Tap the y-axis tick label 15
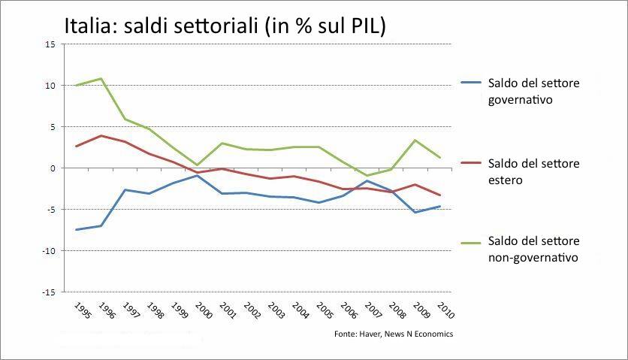coord(50,44)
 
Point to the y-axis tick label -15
coord(49,292)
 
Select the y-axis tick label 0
coord(53,168)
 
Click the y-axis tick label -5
coord(50,210)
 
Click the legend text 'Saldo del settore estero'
coord(533,171)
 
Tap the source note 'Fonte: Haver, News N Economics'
coord(394,334)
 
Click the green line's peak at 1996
coord(101,78)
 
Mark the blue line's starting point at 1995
coord(76,230)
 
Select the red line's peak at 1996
coord(101,136)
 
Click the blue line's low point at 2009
coord(415,213)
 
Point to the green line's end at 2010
coord(439,158)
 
